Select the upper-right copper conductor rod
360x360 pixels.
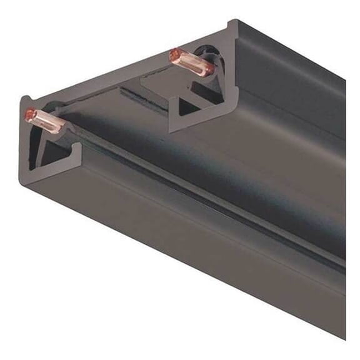pyautogui.click(x=191, y=62)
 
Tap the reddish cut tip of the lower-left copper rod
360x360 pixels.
pyautogui.click(x=29, y=114)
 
